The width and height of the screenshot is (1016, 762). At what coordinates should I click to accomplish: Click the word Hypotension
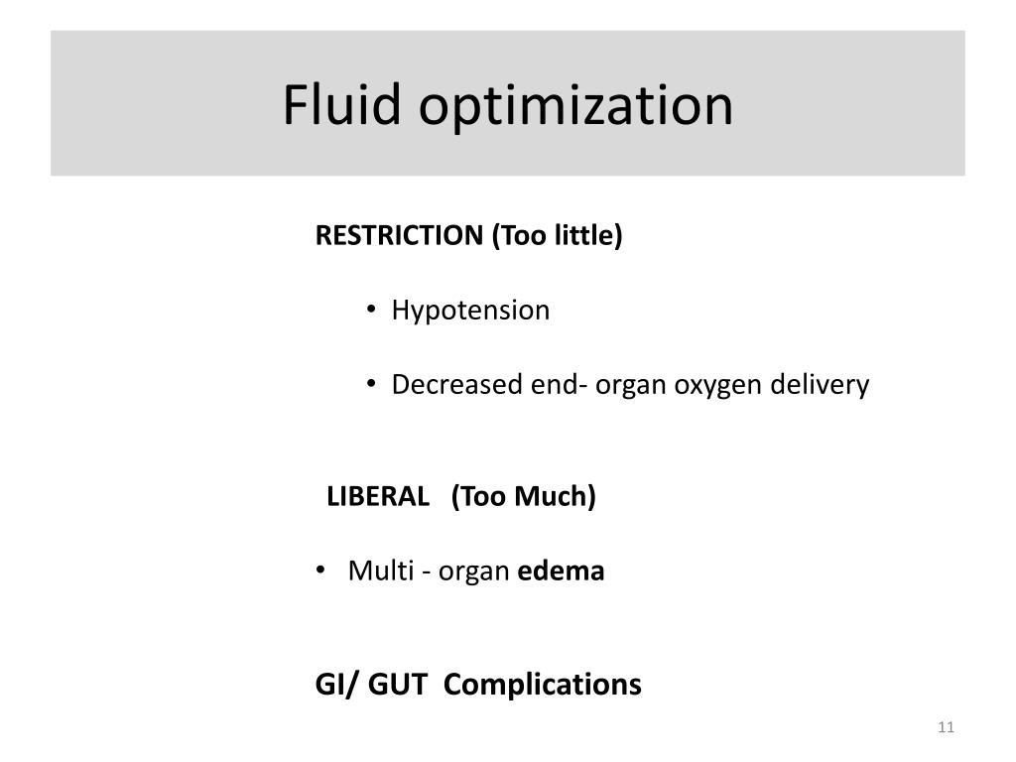470,311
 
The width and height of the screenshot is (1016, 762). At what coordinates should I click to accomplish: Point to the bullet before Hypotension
371,312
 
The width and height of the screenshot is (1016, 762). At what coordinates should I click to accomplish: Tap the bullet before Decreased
371,386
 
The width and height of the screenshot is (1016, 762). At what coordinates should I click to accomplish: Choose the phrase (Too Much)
523,496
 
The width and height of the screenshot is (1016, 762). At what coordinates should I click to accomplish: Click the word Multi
375,571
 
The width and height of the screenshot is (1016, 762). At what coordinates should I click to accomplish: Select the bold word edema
562,571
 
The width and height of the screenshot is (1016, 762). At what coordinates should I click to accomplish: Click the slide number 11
945,729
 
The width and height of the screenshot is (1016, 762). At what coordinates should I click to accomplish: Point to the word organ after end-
632,386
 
